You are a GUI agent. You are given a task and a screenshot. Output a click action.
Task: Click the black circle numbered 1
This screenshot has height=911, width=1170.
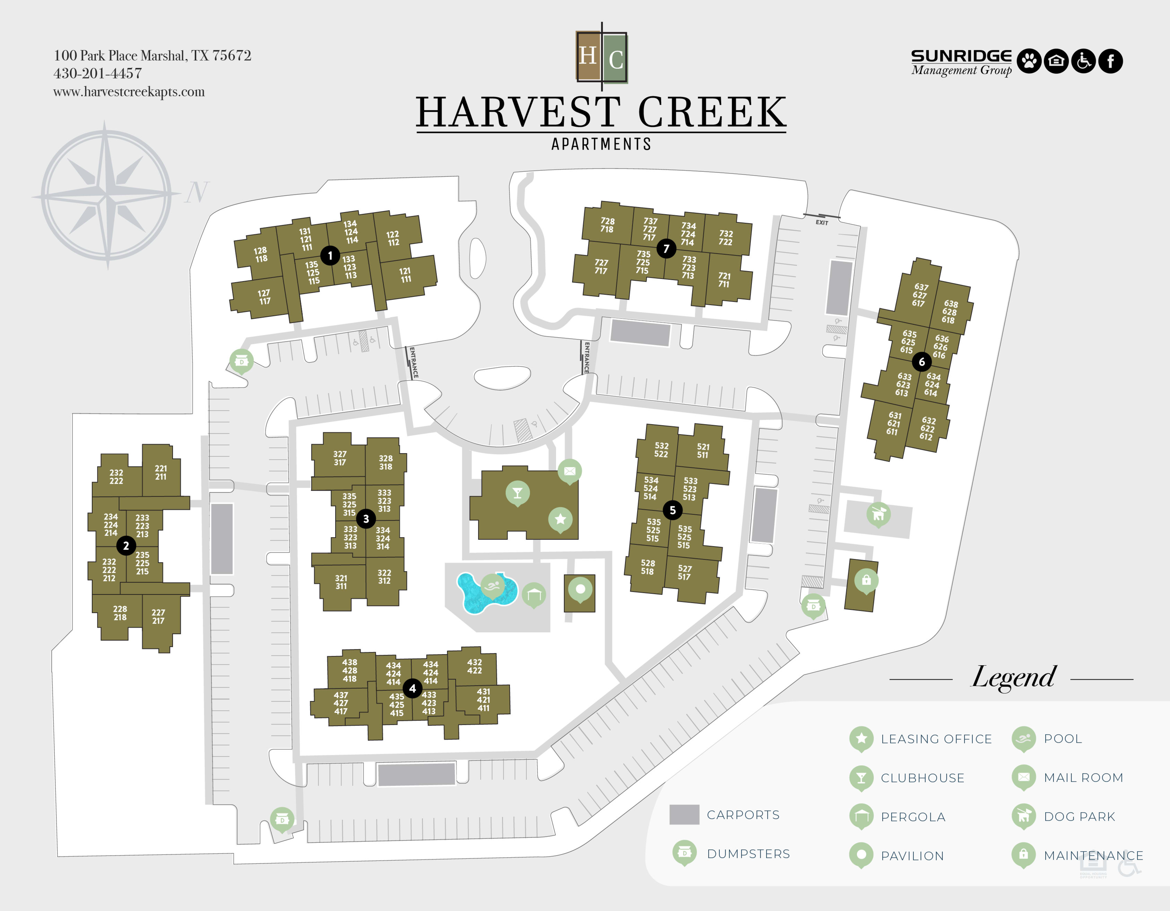(x=330, y=256)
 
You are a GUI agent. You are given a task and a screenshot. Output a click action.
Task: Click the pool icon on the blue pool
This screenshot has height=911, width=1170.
(x=492, y=585)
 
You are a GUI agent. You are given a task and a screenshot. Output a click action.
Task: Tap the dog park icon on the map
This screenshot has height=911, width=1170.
(x=878, y=514)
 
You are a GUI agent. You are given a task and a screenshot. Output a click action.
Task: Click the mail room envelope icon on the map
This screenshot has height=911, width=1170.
(x=570, y=471)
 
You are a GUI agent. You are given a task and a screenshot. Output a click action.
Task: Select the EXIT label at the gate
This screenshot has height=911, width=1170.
(x=822, y=222)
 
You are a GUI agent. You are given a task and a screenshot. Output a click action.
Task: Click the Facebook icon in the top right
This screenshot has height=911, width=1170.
(x=1110, y=61)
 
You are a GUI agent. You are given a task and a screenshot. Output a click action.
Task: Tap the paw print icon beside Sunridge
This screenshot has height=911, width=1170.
(x=1029, y=61)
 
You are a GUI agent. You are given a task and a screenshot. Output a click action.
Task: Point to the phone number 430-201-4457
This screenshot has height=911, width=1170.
(x=97, y=74)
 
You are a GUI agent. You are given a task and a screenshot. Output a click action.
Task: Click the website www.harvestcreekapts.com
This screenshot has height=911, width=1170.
(x=129, y=92)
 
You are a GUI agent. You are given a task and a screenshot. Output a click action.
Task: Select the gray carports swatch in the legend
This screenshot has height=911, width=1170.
(x=684, y=815)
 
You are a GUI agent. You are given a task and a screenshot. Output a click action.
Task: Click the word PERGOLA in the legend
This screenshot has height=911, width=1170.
(x=913, y=817)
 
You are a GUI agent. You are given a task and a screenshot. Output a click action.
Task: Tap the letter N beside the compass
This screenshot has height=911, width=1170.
(x=197, y=192)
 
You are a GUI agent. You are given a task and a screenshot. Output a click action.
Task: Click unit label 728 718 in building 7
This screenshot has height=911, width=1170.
(x=607, y=225)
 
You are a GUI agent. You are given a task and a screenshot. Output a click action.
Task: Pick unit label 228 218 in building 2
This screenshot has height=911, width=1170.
(x=120, y=613)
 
